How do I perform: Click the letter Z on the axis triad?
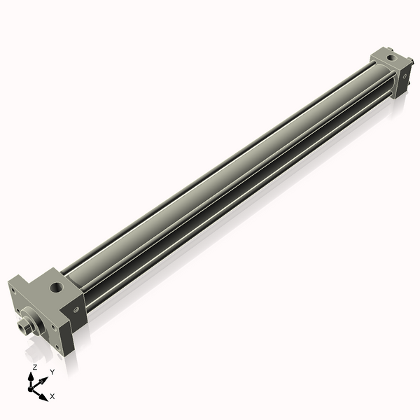[35, 367]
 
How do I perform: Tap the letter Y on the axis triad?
[52, 372]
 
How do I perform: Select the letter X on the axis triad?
[52, 396]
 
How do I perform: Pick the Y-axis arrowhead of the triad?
[43, 378]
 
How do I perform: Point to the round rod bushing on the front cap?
[38, 318]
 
